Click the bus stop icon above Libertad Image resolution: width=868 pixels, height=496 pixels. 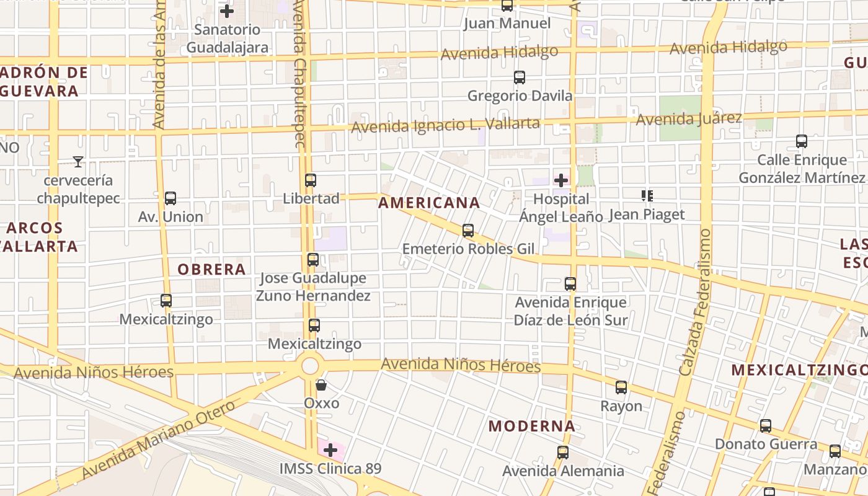click(x=311, y=180)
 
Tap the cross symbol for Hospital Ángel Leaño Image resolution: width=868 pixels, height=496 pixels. click(x=561, y=180)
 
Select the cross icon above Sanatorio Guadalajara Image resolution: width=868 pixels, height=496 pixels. click(x=227, y=11)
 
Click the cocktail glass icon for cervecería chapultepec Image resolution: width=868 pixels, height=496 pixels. click(x=78, y=162)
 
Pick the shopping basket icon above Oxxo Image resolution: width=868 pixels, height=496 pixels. click(x=321, y=385)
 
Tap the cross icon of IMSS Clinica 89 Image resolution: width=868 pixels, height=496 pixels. click(x=330, y=449)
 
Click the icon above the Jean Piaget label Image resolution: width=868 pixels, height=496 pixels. click(x=647, y=196)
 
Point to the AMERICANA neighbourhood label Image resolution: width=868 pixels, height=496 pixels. click(x=429, y=203)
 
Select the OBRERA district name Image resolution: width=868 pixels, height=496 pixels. click(x=211, y=269)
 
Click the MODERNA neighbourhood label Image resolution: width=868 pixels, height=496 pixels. click(x=531, y=426)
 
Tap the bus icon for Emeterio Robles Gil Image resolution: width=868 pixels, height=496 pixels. click(x=468, y=231)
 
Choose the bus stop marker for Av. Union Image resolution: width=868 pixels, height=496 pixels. click(x=170, y=198)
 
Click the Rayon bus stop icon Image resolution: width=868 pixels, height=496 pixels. click(x=621, y=387)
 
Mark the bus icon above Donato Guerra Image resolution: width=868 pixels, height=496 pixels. click(x=766, y=426)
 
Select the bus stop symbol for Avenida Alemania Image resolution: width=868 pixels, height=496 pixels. click(x=563, y=453)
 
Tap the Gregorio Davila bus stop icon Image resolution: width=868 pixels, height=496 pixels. click(x=520, y=77)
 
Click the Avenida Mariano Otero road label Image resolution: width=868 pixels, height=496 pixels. click(x=158, y=440)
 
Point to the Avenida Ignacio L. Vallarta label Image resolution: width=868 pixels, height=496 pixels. click(x=445, y=125)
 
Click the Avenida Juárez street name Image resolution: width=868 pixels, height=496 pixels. click(x=689, y=118)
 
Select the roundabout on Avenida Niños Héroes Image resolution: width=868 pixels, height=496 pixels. click(x=310, y=366)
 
